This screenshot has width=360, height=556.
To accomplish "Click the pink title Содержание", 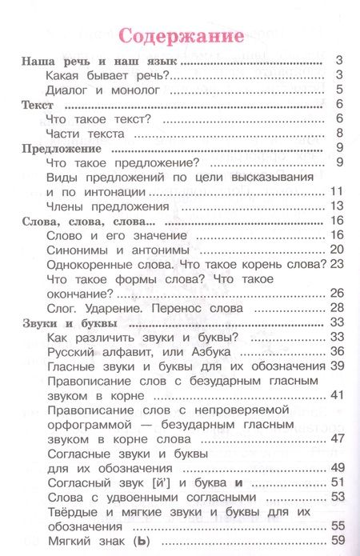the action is click(x=181, y=37).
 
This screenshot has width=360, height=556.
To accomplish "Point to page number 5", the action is click(x=339, y=90).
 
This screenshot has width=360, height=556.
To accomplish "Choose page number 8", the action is click(x=339, y=134).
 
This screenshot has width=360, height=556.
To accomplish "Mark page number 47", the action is click(x=336, y=438).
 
